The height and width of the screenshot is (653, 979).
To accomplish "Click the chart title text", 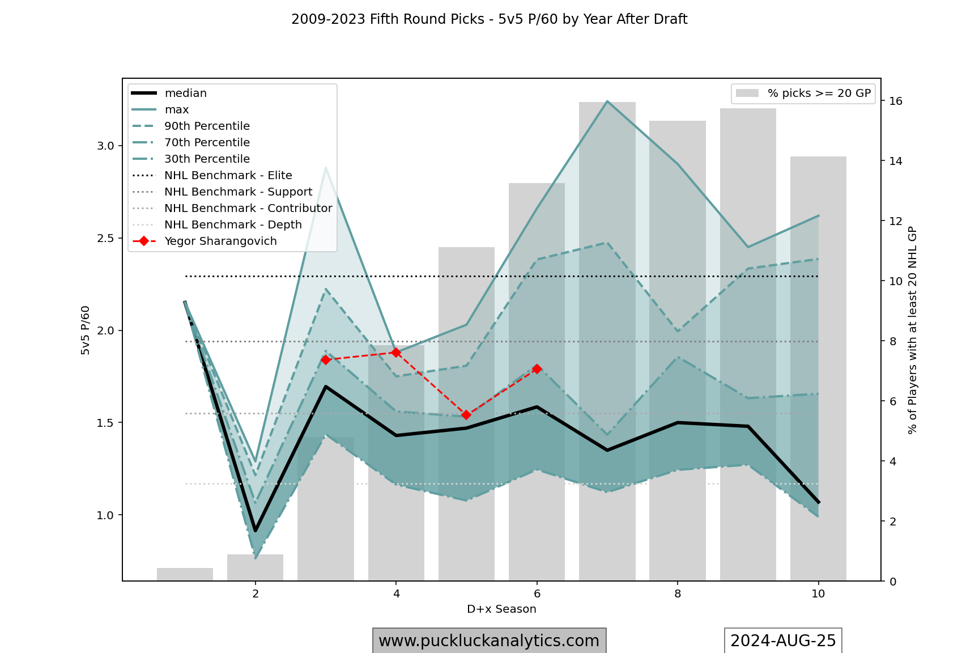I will [x=489, y=19].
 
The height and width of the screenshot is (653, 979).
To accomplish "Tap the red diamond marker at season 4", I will [x=396, y=353].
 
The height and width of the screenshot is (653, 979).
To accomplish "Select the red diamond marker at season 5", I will [x=466, y=415].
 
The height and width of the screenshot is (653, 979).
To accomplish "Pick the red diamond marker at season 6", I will [x=537, y=369].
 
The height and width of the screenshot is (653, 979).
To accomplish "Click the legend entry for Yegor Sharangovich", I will [x=220, y=241].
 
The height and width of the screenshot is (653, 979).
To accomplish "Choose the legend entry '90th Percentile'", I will [x=207, y=126].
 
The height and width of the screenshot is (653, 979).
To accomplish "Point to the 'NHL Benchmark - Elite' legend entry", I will [x=228, y=176].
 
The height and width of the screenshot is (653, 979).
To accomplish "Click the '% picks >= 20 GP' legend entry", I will [x=819, y=94].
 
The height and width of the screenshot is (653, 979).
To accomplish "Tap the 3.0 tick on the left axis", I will [x=105, y=146].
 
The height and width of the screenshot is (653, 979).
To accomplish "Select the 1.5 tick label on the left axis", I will [x=105, y=423].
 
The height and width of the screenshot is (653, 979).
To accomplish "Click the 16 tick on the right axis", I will [x=896, y=101].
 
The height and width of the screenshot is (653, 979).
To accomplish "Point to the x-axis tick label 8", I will [x=678, y=594].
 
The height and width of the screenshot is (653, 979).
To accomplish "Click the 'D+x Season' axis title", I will [x=501, y=609].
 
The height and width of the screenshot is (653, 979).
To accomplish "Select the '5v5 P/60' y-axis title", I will [x=86, y=330].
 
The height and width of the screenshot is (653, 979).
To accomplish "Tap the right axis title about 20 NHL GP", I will [x=912, y=330].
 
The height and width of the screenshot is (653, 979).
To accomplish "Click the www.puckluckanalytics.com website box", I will [x=489, y=641].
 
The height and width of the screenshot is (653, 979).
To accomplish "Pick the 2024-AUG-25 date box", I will [x=783, y=641].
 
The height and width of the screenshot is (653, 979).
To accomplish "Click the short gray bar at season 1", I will [x=185, y=574].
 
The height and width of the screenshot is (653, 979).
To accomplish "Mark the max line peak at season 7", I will [x=607, y=101].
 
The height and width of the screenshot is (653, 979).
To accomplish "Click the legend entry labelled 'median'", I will [x=185, y=94].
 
